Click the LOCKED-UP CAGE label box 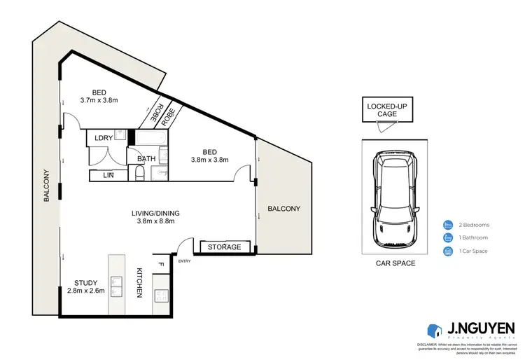381,110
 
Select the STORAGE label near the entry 224,247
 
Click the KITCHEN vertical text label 139,282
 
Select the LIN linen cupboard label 109,175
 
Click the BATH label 146,159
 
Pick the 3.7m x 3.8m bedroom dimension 99,99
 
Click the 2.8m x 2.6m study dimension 85,291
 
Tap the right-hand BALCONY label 283,209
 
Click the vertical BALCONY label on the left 47,186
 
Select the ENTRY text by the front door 184,261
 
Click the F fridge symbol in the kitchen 160,265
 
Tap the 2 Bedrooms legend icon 447,225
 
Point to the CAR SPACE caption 395,263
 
